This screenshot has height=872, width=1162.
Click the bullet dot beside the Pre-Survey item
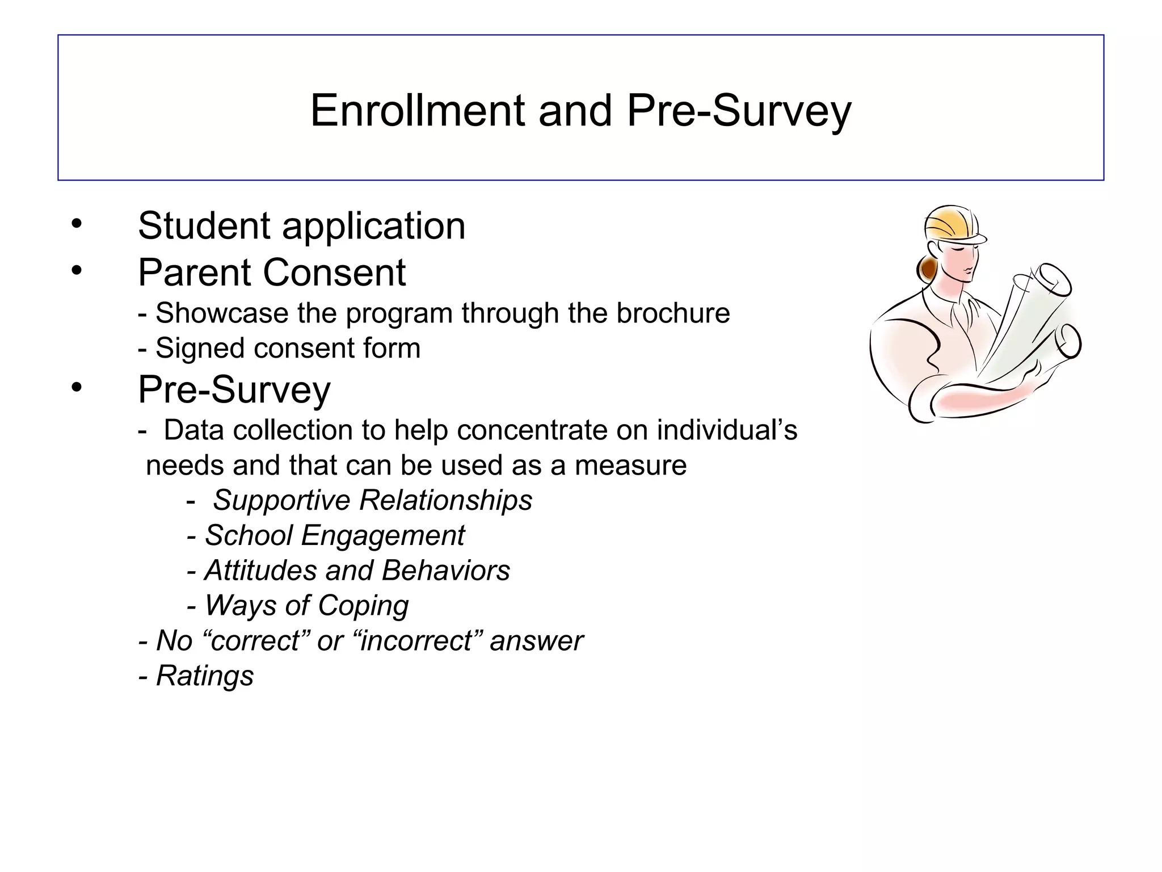click(x=77, y=388)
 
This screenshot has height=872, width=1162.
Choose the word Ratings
click(x=205, y=676)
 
